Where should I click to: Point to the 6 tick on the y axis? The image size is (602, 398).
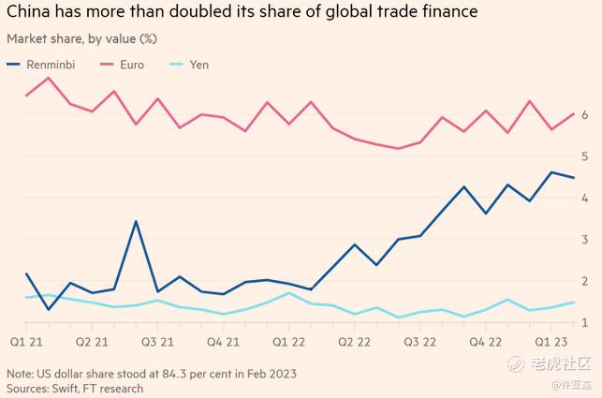(584, 115)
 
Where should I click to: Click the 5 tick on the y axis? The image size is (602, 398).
(584, 156)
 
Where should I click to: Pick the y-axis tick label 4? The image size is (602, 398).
(584, 198)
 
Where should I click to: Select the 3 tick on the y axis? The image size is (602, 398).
(584, 240)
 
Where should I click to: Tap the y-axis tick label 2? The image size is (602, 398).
(584, 281)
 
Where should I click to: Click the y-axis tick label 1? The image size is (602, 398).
(584, 323)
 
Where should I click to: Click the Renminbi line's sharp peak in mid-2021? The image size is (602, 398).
(137, 222)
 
